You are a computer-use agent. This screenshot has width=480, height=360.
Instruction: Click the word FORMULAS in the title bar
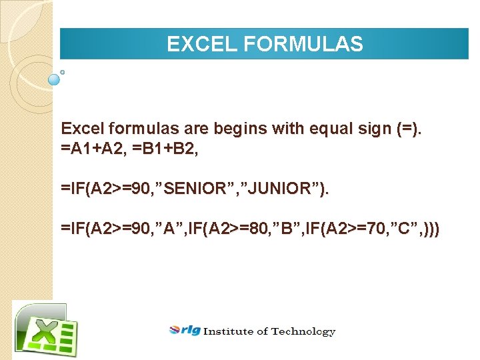pyautogui.click(x=303, y=45)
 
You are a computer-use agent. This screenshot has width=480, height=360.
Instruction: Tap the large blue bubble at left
pyautogui.click(x=55, y=79)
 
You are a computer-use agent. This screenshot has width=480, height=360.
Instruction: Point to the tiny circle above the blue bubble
pyautogui.click(x=62, y=71)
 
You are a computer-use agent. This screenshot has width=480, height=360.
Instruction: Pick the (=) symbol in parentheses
pyautogui.click(x=408, y=129)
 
